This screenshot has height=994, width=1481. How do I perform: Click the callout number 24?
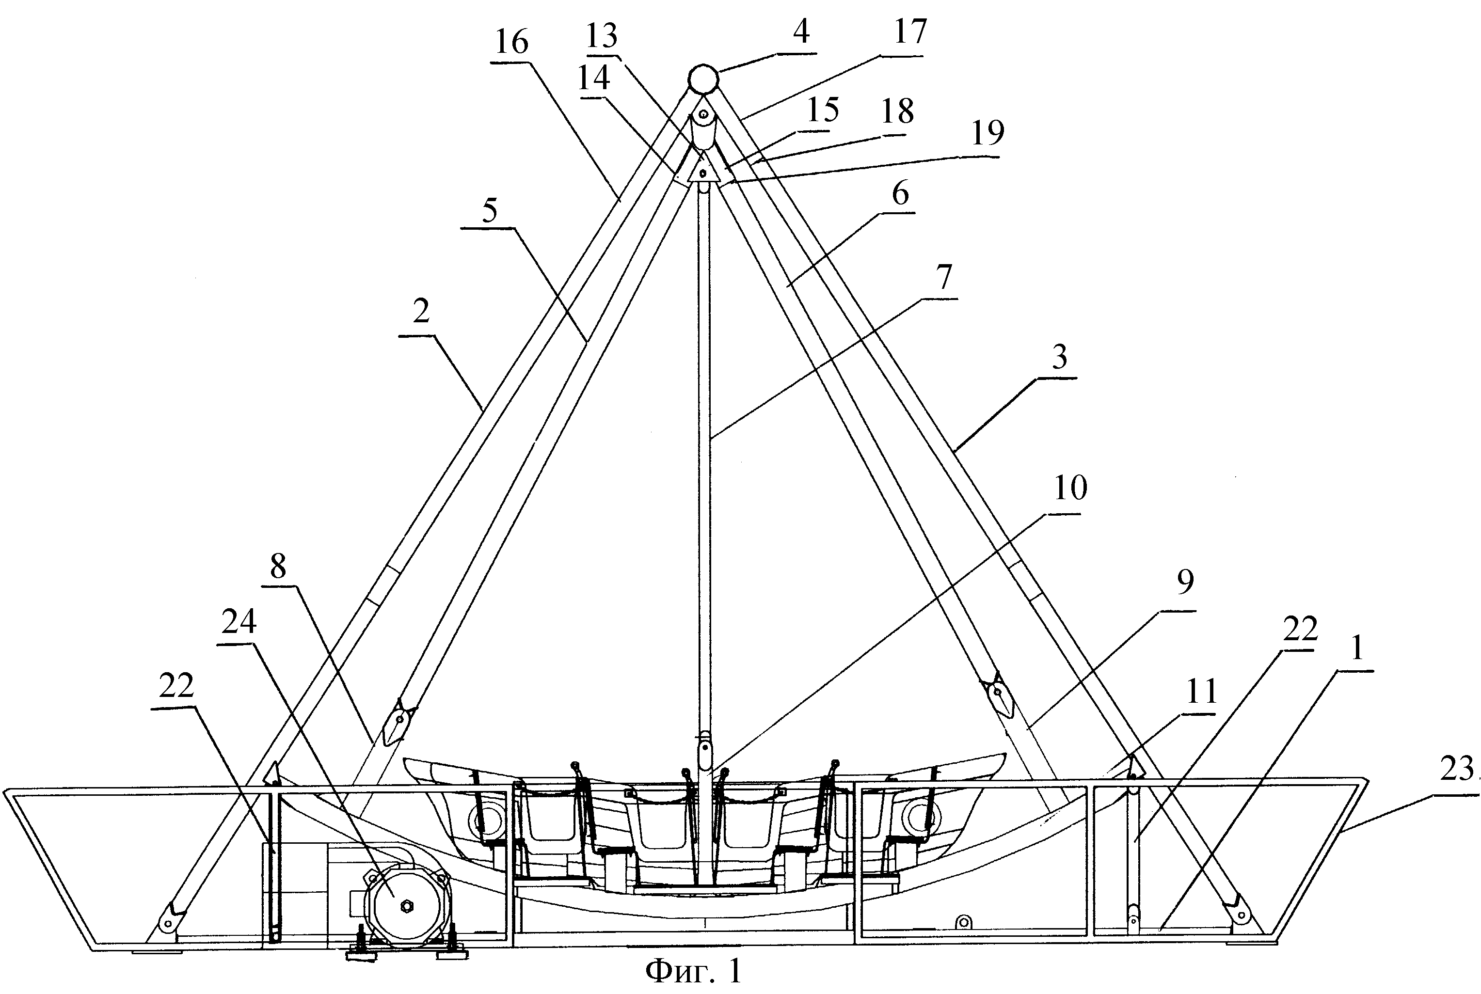239,621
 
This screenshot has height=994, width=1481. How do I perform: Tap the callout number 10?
1070,488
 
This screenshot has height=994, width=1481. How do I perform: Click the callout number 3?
1059,357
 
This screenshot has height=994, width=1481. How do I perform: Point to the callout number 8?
278,566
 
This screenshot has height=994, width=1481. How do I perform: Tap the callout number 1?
1357,648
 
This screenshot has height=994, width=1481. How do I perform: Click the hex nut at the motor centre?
406,906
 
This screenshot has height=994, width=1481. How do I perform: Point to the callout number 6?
900,193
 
